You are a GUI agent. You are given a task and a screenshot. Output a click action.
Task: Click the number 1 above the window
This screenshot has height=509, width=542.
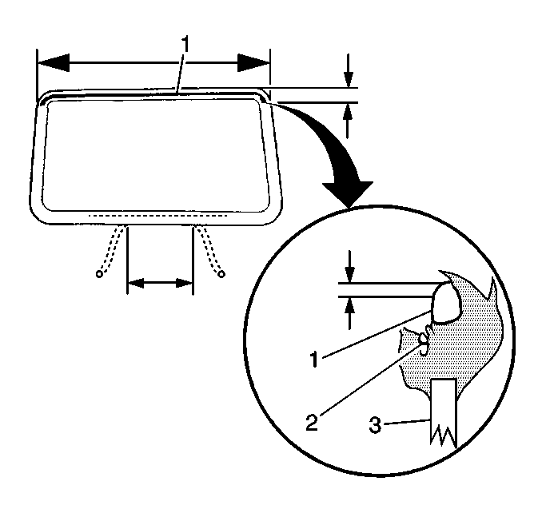[x=185, y=43]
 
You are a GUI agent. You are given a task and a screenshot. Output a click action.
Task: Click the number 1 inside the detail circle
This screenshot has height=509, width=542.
[x=314, y=359]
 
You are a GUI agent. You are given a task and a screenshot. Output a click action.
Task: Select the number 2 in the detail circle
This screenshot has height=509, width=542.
[x=312, y=422]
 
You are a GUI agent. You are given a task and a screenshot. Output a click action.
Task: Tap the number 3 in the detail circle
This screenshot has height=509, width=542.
[x=375, y=425]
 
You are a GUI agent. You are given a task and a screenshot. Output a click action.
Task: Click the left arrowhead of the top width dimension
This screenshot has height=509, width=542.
[x=54, y=63]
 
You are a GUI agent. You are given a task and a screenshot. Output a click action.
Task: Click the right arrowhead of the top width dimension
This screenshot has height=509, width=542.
[x=253, y=63]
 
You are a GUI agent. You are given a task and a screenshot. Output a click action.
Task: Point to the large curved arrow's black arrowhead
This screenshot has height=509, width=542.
[x=348, y=195]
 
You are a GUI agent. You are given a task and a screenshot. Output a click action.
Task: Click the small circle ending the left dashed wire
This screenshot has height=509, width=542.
[x=99, y=274]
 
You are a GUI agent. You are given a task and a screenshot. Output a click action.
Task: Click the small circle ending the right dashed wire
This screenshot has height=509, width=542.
[x=221, y=274]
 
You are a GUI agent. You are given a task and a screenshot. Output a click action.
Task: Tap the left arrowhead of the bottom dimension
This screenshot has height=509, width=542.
[x=136, y=283]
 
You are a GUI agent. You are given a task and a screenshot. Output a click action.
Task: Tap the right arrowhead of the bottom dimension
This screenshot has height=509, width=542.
[x=184, y=283]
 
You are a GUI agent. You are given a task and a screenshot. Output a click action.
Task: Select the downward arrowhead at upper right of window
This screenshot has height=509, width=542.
[x=349, y=80]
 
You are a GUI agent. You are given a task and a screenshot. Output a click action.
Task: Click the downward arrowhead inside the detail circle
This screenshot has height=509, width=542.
[x=350, y=274]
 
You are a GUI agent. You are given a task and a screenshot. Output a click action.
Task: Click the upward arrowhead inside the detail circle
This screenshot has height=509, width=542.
[x=350, y=304]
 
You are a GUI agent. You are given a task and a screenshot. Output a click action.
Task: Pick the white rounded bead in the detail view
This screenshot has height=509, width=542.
[x=447, y=304]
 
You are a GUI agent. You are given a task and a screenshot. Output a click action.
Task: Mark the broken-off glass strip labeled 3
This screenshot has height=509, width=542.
[x=443, y=413]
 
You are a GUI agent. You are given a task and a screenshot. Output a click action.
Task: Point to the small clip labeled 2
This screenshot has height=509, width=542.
[x=424, y=340]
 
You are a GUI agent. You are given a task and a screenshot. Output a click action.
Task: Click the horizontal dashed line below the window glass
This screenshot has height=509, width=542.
[x=157, y=216]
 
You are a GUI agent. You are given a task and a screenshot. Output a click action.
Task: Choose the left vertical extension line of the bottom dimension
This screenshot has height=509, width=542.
[x=128, y=260]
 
